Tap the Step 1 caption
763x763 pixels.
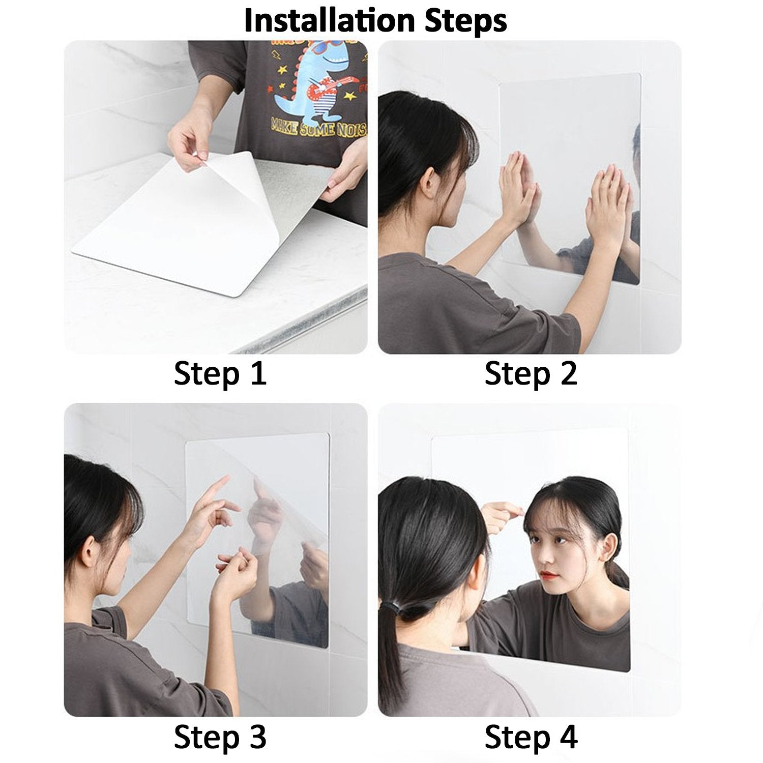pyautogui.click(x=220, y=374)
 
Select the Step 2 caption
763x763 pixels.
pyautogui.click(x=531, y=374)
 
